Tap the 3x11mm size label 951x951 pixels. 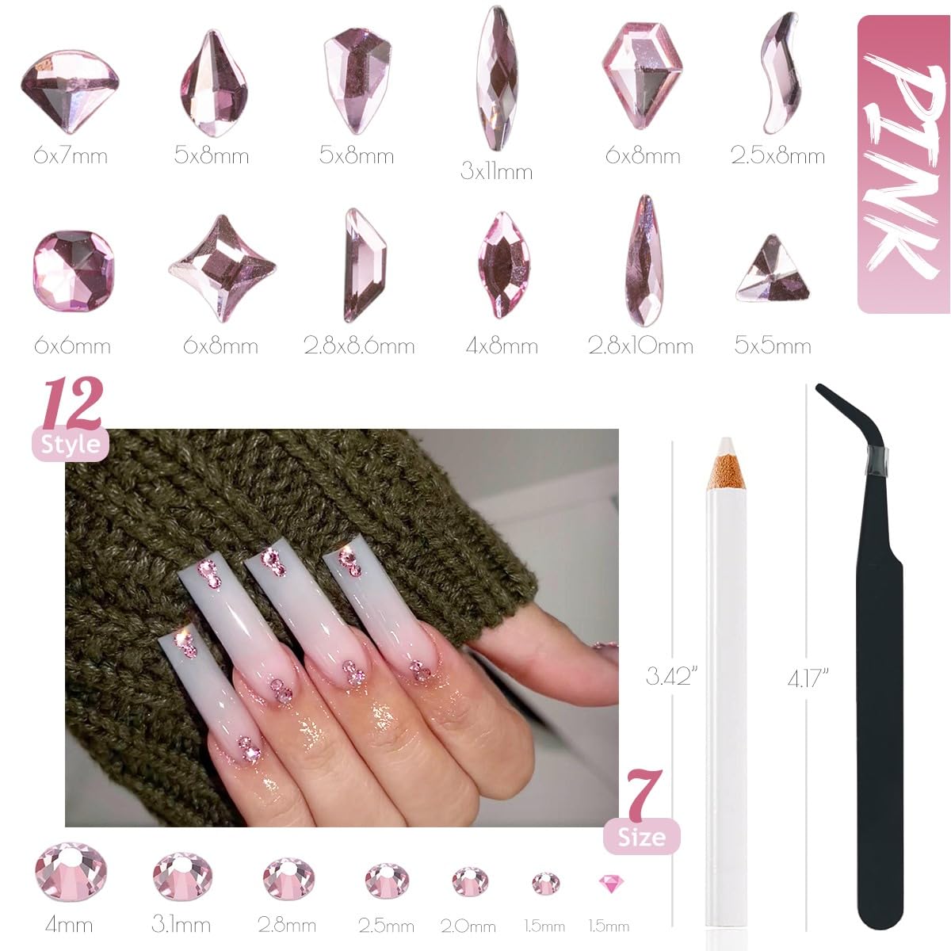pos(496,171)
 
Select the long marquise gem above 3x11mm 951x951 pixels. pos(497,78)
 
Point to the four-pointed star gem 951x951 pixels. pos(221,269)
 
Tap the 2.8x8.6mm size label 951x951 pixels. pos(359,346)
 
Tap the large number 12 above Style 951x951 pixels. pos(73,404)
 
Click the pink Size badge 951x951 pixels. pos(642,837)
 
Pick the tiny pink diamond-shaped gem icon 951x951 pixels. pos(608,883)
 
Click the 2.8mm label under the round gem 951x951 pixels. pos(287,925)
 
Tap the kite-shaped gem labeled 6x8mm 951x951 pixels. pos(642,74)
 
